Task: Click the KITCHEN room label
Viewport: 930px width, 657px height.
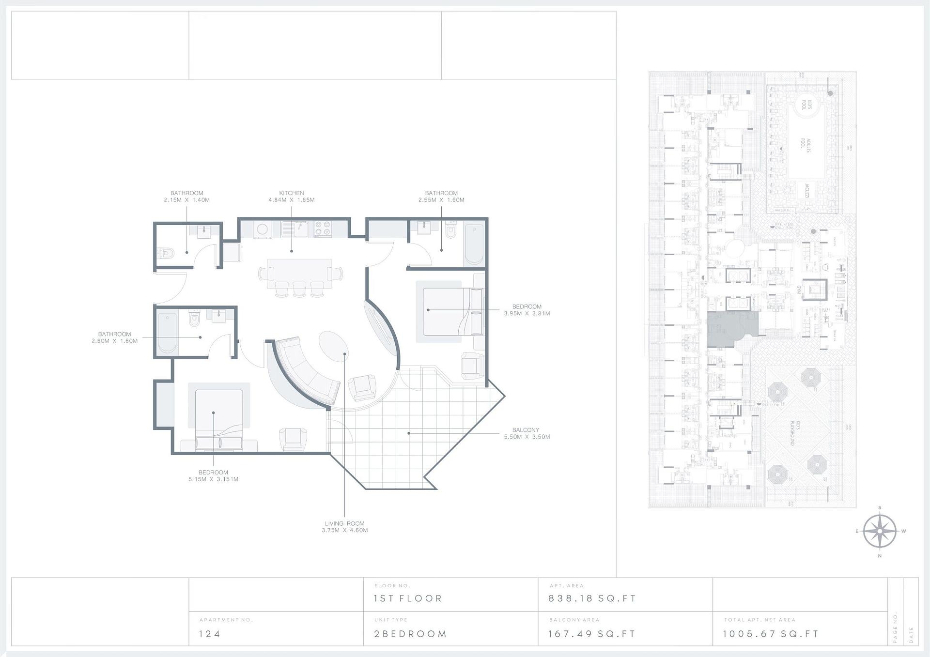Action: (x=291, y=193)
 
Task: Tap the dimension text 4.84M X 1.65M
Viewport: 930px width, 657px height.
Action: (x=291, y=200)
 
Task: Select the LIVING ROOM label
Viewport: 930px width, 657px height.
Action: (x=344, y=523)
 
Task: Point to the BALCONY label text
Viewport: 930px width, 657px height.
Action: (x=526, y=430)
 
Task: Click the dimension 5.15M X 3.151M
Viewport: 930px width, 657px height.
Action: (x=213, y=479)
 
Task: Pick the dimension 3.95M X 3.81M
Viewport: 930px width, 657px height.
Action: (x=527, y=313)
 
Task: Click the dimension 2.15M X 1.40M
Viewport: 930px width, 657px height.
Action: (x=186, y=200)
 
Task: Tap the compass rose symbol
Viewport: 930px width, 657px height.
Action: (x=880, y=531)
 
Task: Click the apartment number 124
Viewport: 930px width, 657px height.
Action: (x=210, y=634)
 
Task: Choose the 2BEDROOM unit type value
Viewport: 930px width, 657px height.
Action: (x=410, y=634)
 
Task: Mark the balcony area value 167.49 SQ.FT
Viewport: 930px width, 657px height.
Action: (x=591, y=634)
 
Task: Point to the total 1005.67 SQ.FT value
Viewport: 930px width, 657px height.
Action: (x=770, y=634)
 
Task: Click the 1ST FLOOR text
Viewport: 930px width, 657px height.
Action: (x=408, y=598)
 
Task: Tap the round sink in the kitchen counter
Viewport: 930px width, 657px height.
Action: (x=262, y=229)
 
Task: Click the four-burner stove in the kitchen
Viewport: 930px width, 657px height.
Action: (x=323, y=229)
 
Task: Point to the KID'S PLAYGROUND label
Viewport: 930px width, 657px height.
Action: (x=795, y=433)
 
